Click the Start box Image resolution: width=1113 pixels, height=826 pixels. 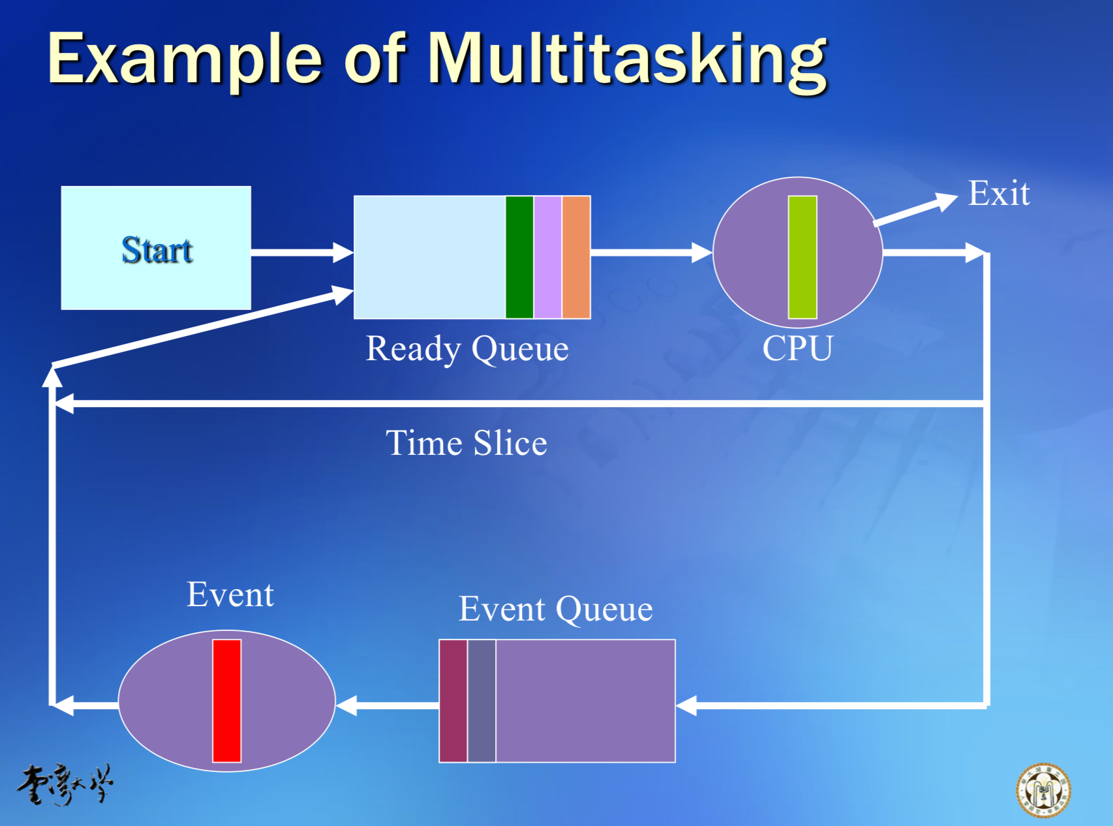(x=156, y=248)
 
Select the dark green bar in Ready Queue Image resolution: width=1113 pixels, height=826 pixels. (x=519, y=257)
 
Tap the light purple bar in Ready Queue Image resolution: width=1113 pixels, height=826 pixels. (x=547, y=257)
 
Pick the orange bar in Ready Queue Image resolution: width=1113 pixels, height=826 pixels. (x=576, y=257)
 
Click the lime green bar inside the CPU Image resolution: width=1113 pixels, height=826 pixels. (x=802, y=257)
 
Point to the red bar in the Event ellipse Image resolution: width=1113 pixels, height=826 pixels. (x=227, y=701)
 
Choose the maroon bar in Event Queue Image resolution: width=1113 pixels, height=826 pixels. (x=453, y=701)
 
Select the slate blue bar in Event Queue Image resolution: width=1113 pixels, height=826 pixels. (x=481, y=701)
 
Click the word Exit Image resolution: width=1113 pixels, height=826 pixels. (x=999, y=193)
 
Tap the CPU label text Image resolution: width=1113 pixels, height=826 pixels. (x=797, y=348)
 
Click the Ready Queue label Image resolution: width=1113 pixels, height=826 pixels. (x=467, y=348)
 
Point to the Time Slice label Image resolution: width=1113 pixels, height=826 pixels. (x=466, y=443)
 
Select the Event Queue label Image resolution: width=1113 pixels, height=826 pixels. (x=555, y=609)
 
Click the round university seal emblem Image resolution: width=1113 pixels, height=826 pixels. (x=1043, y=790)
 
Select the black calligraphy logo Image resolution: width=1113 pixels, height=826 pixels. (x=65, y=784)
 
